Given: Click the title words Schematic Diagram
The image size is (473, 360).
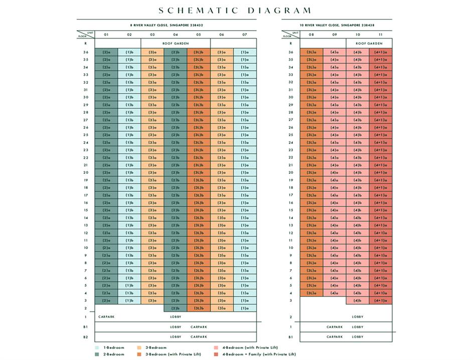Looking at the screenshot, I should (x=235, y=11).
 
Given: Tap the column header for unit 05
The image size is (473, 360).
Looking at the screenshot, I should (x=199, y=35).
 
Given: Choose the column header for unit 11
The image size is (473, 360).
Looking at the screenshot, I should (x=381, y=35).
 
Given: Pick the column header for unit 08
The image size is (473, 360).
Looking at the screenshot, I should (x=311, y=35).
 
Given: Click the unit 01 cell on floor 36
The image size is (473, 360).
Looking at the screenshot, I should (x=106, y=52).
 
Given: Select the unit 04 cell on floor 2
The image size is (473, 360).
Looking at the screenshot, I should (x=176, y=308).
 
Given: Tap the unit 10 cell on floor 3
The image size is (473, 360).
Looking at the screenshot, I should (x=358, y=301).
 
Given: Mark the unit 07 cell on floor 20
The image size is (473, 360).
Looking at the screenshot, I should (x=245, y=173).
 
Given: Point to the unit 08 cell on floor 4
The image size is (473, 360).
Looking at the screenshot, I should (x=311, y=293).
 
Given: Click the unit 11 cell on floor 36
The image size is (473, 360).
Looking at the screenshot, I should (x=381, y=52).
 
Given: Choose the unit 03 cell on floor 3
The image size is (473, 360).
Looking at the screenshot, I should (x=152, y=301).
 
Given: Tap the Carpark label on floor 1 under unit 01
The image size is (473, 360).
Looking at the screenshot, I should (x=106, y=317).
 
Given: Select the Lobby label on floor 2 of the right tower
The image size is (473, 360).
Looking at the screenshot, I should (x=358, y=317).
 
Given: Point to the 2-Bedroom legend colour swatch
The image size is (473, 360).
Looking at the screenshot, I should (x=97, y=354).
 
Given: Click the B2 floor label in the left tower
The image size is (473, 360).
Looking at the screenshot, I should (x=86, y=337).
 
